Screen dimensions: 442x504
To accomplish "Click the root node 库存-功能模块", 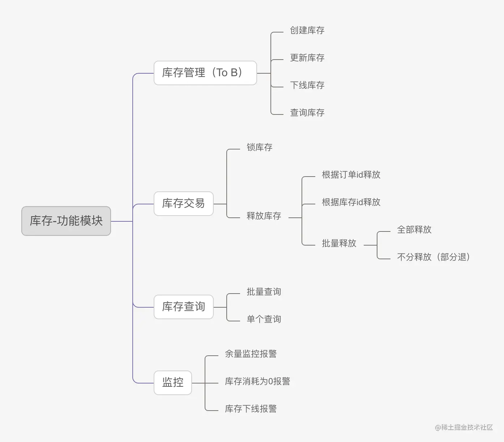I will (x=66, y=221).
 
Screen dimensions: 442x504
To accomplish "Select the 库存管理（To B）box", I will (x=205, y=73).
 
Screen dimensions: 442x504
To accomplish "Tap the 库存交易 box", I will (x=183, y=204).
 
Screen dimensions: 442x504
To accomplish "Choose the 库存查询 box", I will (x=183, y=307).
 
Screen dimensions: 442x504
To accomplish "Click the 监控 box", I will (x=173, y=382).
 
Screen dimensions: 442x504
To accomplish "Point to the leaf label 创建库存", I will (x=307, y=30).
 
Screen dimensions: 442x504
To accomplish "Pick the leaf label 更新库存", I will (x=307, y=58).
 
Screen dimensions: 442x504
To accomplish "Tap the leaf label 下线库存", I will (x=307, y=85).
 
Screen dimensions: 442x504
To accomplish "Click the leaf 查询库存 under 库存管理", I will (x=307, y=113).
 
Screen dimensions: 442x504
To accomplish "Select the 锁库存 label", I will (x=259, y=147).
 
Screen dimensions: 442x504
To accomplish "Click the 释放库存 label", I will (x=264, y=216).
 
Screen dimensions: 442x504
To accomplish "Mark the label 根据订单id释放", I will (x=351, y=175).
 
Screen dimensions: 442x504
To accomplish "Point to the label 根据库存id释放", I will (x=351, y=202).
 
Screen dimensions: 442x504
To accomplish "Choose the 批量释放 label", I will (x=339, y=243).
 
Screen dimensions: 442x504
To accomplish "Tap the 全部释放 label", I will (x=414, y=230).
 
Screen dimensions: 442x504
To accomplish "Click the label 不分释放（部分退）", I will (x=433, y=257).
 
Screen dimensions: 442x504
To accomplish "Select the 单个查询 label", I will (x=264, y=319).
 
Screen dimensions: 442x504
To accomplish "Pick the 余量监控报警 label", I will (x=251, y=354).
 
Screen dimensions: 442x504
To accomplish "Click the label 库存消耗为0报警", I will (x=257, y=381).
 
